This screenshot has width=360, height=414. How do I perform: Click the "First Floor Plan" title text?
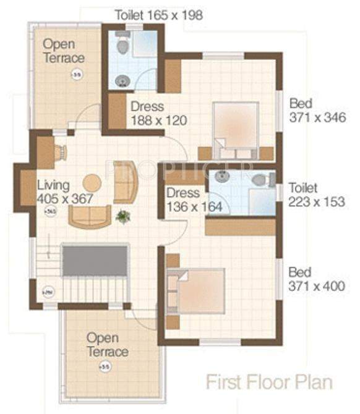(268, 381)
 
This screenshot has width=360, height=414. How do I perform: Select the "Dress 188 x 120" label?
(158, 113)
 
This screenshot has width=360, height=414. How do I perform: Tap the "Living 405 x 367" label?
(64, 192)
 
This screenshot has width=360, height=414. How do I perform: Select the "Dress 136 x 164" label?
(194, 200)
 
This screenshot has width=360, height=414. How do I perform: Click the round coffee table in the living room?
(92, 183)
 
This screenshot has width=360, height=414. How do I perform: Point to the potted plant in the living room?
(123, 216)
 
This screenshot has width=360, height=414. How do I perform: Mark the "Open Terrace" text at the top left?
(64, 51)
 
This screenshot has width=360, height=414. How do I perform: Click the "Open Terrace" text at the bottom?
(107, 345)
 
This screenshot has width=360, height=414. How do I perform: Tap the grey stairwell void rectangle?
(95, 260)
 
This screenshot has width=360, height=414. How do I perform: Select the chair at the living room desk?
(61, 152)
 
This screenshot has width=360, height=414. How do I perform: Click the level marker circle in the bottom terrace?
(101, 366)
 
